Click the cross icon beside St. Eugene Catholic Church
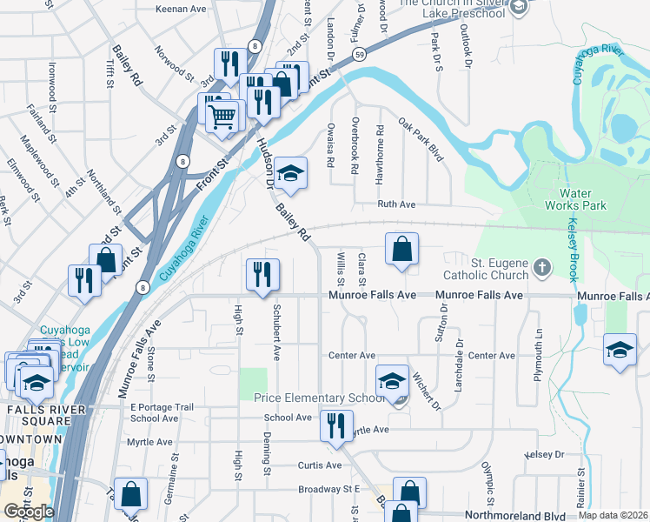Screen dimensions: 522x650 pos(542,266)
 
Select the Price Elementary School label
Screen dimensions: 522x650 pos(318,398)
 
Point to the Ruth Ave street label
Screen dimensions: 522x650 pos(396,204)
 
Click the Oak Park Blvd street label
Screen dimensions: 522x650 pos(421,140)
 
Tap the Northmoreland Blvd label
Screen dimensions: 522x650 pos(493,515)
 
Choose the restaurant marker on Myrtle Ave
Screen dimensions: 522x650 pos(335,425)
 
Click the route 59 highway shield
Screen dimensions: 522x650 pos(359,55)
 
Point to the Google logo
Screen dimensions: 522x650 pos(29,512)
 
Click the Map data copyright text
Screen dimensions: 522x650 pos(612,515)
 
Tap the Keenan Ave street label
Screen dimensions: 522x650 pos(180,9)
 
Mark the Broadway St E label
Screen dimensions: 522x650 pos(329,489)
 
